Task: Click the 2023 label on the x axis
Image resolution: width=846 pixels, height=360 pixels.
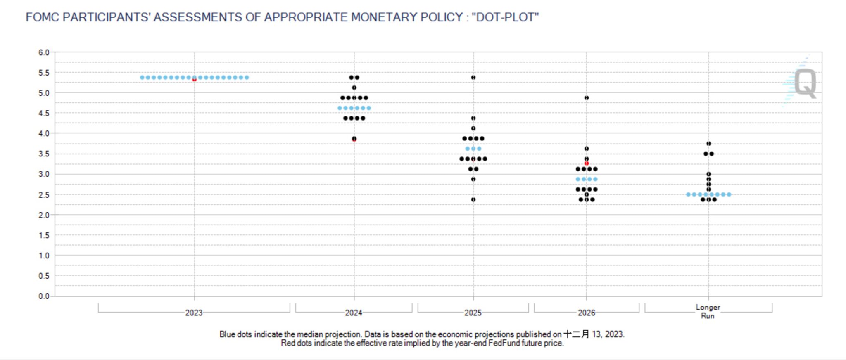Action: pos(194,313)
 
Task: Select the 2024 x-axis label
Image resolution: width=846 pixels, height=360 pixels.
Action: pos(354,313)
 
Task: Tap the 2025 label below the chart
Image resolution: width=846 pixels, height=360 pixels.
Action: pos(473,313)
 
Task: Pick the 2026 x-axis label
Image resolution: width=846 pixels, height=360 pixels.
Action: pos(586,313)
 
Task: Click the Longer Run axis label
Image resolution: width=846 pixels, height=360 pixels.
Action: pos(708,311)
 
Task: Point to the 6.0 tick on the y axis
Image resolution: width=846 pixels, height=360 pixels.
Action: pos(44,52)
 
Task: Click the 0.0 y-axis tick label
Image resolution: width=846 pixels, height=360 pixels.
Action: pos(44,296)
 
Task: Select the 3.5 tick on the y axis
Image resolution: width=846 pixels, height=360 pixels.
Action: pos(44,154)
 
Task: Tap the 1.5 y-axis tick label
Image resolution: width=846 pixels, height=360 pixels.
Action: pos(44,235)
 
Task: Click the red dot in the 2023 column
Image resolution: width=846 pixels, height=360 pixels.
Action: pos(194,79)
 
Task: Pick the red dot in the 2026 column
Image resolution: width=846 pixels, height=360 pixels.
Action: pos(587,163)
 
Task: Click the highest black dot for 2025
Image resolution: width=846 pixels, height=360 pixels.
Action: pos(473,78)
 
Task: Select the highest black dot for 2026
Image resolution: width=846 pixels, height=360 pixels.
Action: pos(587,98)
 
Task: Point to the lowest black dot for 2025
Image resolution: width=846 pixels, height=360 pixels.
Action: pos(473,200)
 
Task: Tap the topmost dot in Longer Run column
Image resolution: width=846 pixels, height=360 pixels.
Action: pos(709,144)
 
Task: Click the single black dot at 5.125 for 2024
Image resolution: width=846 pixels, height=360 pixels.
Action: pos(354,88)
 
